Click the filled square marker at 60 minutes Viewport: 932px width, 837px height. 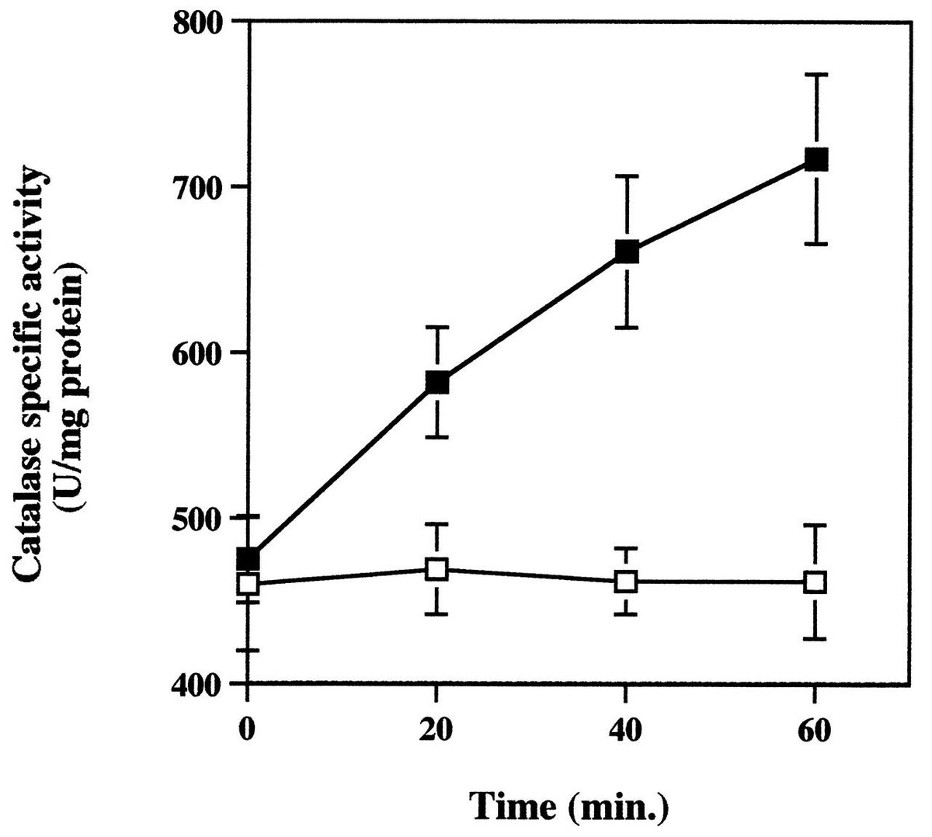coord(815,159)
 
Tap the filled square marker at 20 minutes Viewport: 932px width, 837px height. coord(437,382)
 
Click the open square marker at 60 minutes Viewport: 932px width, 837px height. coord(815,582)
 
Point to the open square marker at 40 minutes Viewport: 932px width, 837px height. coord(627,582)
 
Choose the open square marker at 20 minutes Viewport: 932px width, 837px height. coord(437,570)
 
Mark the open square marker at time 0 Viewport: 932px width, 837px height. coord(248,584)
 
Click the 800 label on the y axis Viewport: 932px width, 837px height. coord(198,21)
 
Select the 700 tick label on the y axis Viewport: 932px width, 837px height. coord(198,188)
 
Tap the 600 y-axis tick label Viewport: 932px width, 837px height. coord(198,353)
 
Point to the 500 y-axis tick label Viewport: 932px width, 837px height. coord(198,518)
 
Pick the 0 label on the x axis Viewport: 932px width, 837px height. coord(248,729)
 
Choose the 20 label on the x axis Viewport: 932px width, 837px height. coord(436,729)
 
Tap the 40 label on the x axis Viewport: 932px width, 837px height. coord(625,729)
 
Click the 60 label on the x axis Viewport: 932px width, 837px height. coord(815,729)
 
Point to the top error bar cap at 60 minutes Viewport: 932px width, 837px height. coord(815,74)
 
